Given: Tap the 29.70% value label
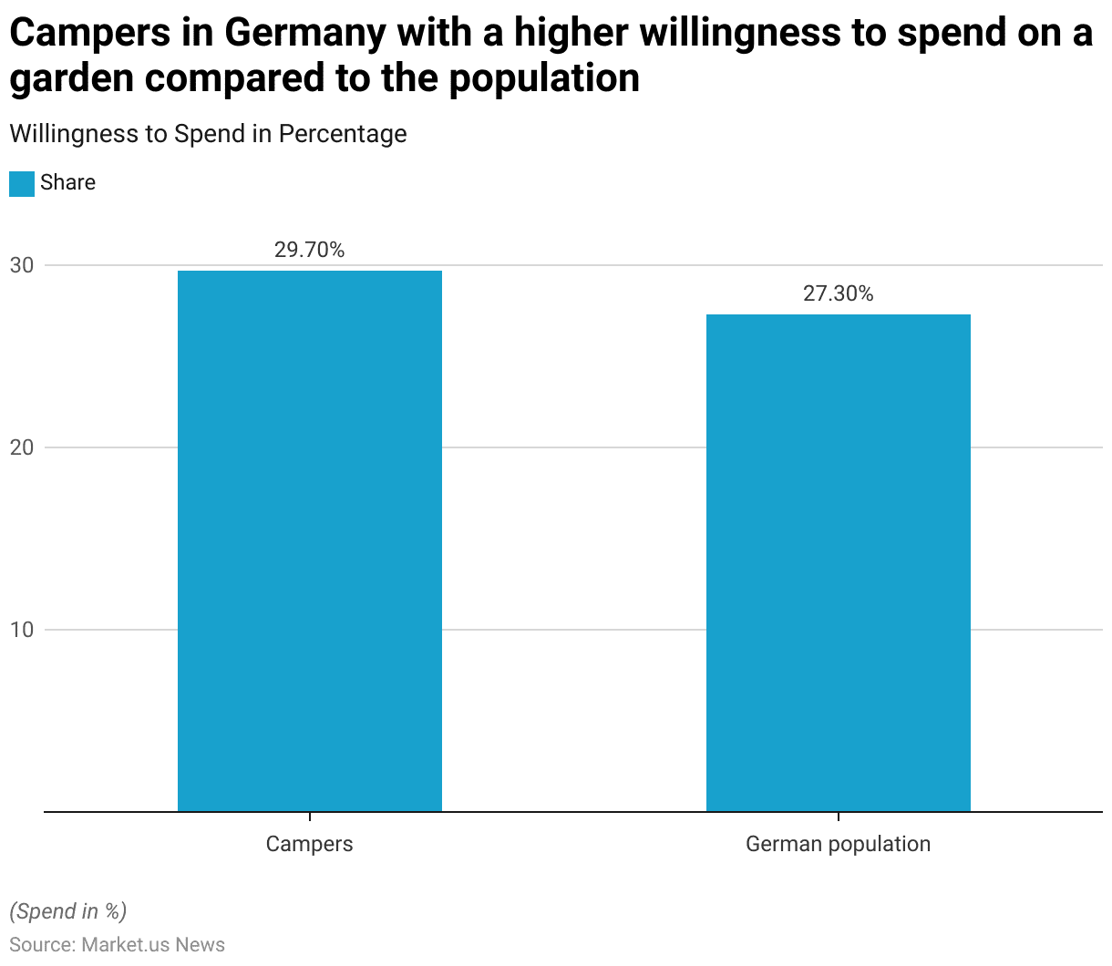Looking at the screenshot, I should (310, 250).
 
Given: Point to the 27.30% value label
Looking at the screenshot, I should (839, 293).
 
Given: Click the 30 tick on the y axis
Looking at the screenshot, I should (22, 265).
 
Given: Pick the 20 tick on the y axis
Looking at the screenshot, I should (22, 447).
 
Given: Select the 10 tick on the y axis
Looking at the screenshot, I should (22, 630).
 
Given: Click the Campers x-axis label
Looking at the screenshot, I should (310, 844).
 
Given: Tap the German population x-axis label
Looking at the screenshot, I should (839, 844).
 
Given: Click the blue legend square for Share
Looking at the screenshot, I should (22, 183).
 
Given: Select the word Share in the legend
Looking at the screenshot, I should (68, 182).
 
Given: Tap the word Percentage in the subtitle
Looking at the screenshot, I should (343, 134).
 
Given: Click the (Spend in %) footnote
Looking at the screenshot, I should (68, 911).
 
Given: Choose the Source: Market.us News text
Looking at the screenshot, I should (117, 944).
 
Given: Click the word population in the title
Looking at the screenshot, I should (544, 79).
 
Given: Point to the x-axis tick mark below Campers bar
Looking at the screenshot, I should (310, 817).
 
